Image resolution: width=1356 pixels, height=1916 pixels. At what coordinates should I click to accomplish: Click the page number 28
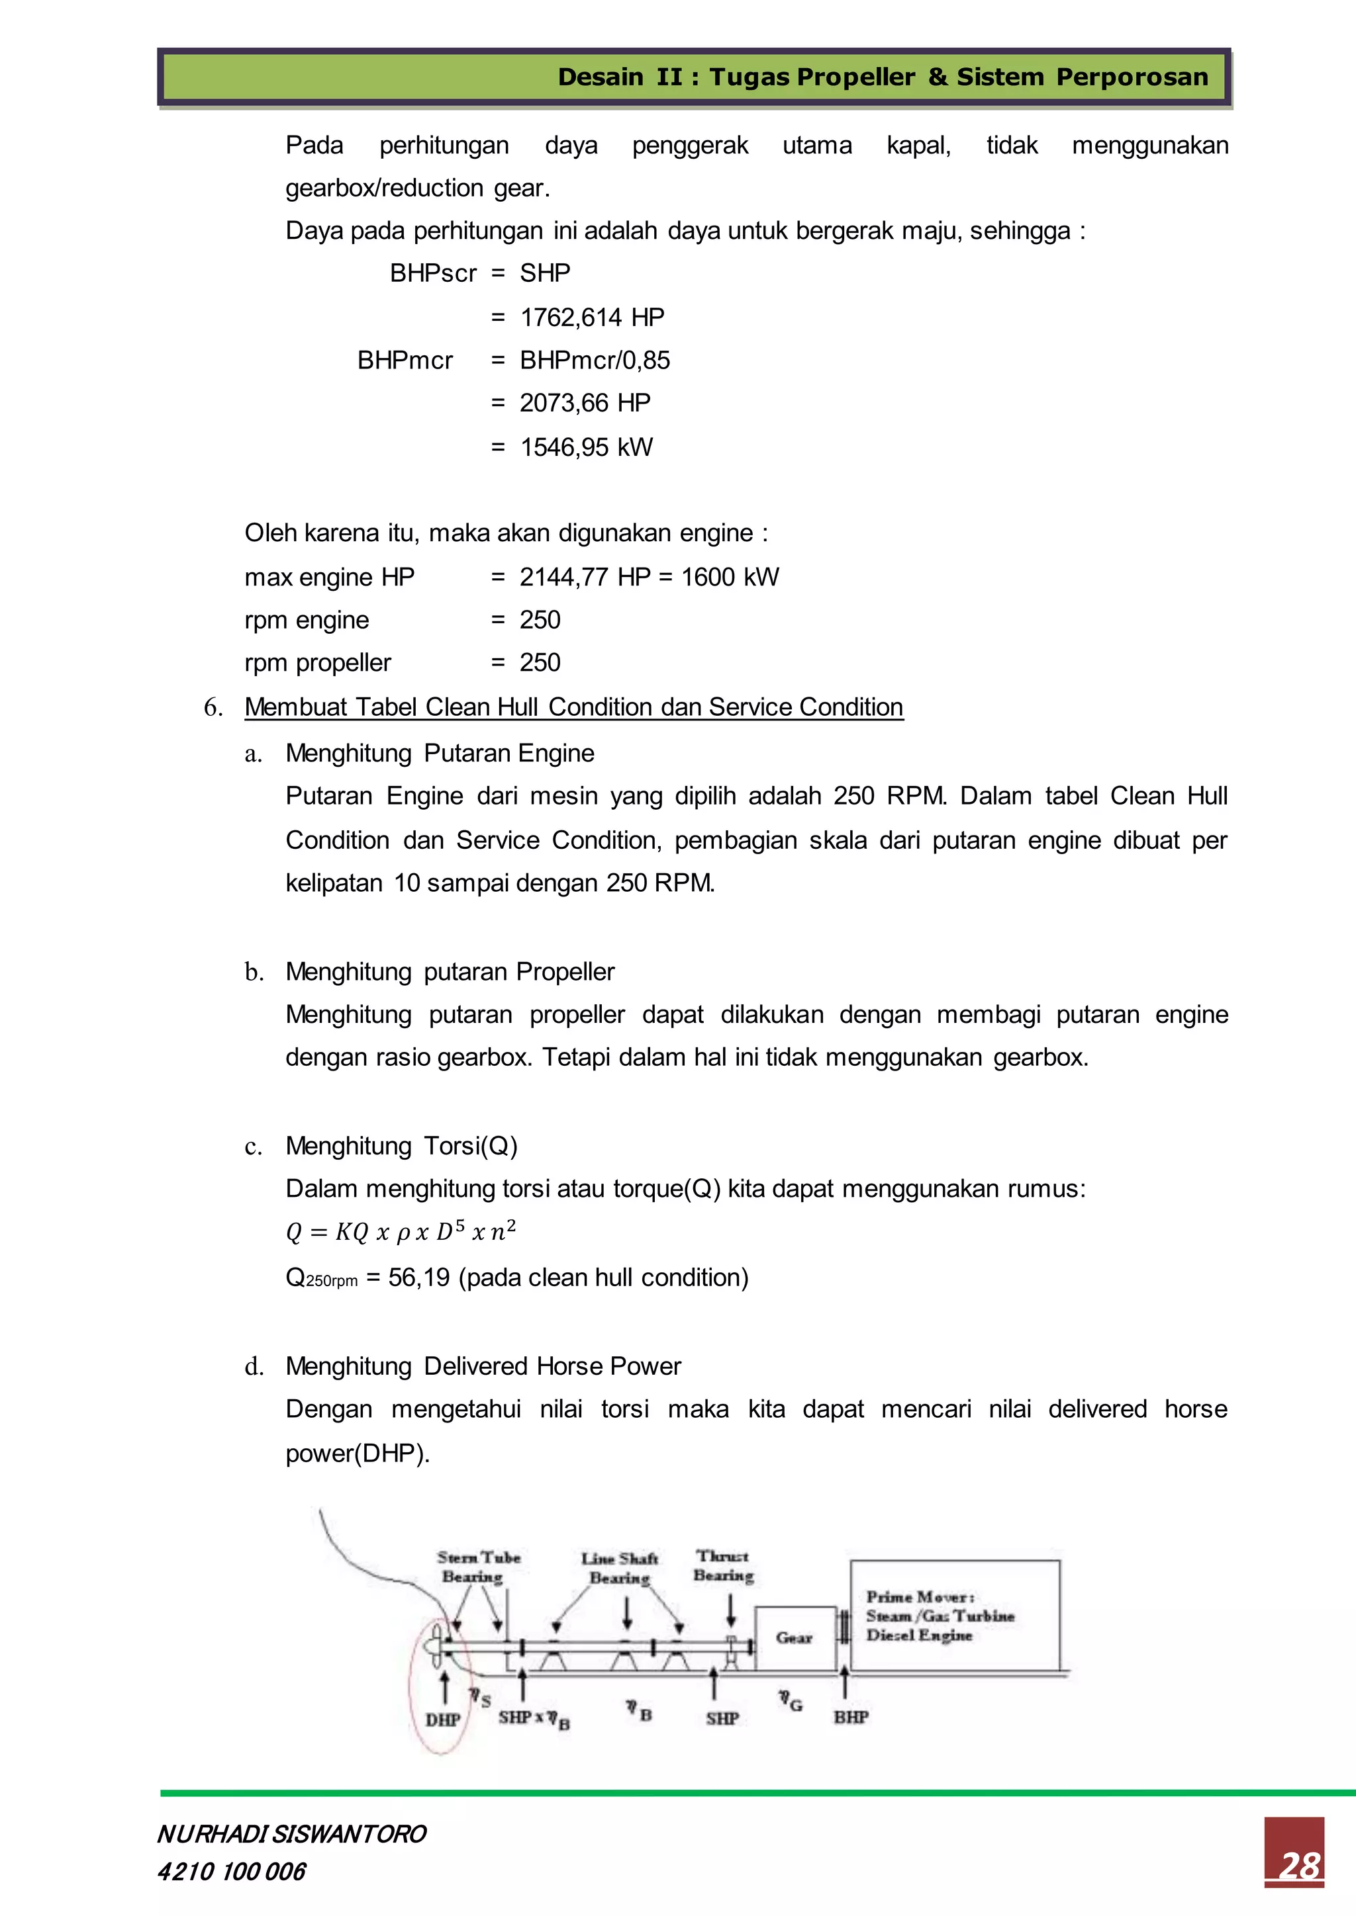1299,1866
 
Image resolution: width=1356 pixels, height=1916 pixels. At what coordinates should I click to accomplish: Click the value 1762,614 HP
591,317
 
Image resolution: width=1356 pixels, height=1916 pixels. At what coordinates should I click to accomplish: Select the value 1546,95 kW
586,447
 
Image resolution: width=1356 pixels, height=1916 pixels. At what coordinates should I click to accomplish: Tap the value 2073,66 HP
585,403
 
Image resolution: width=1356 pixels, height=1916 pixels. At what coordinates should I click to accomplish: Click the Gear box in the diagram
794,1637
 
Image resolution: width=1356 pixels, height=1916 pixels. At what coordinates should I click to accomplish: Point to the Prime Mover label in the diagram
919,1596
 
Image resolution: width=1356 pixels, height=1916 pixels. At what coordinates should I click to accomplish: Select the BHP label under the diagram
851,1717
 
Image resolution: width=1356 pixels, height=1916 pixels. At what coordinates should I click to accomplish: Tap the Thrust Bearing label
723,1565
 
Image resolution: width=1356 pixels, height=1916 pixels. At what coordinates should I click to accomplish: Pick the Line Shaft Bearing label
620,1567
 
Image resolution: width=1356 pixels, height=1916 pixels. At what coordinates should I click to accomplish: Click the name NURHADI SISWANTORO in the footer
291,1834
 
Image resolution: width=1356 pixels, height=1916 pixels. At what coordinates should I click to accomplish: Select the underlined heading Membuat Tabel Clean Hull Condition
573,707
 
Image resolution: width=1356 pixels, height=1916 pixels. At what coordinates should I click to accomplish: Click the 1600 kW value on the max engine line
730,577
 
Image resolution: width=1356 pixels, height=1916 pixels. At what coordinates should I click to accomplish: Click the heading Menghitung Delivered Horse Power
483,1366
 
